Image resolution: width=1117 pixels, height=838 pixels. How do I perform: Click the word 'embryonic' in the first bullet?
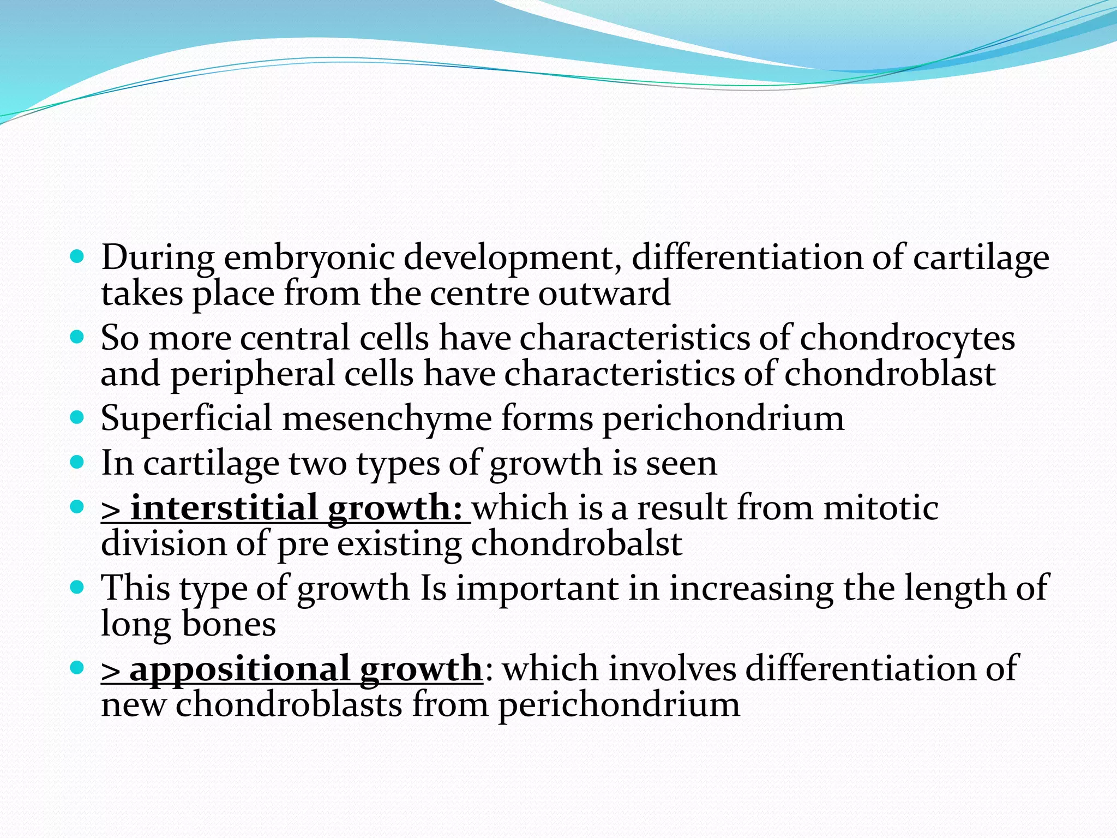pos(309,258)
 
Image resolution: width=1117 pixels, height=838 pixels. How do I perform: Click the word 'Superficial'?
pos(186,419)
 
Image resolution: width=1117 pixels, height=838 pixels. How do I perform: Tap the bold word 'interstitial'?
pos(224,508)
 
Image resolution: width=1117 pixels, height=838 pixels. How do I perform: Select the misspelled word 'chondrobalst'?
pos(576,544)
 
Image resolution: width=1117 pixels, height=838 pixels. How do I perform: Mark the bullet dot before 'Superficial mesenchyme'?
pos(78,418)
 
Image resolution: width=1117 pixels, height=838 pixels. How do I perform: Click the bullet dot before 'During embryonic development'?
pos(78,256)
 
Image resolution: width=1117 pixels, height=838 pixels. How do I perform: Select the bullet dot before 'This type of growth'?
pos(78,587)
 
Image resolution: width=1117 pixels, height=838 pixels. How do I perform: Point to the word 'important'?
pos(537,588)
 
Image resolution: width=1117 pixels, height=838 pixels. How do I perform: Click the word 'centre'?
pos(479,294)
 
